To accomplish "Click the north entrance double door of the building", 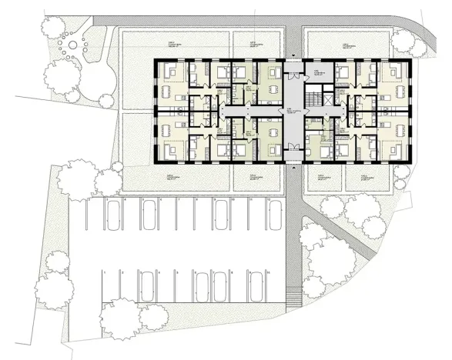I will [x=293, y=60].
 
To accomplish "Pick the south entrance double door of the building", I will [x=293, y=162].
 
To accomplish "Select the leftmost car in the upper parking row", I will [x=112, y=216].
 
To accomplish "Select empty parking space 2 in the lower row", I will [x=122, y=289].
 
